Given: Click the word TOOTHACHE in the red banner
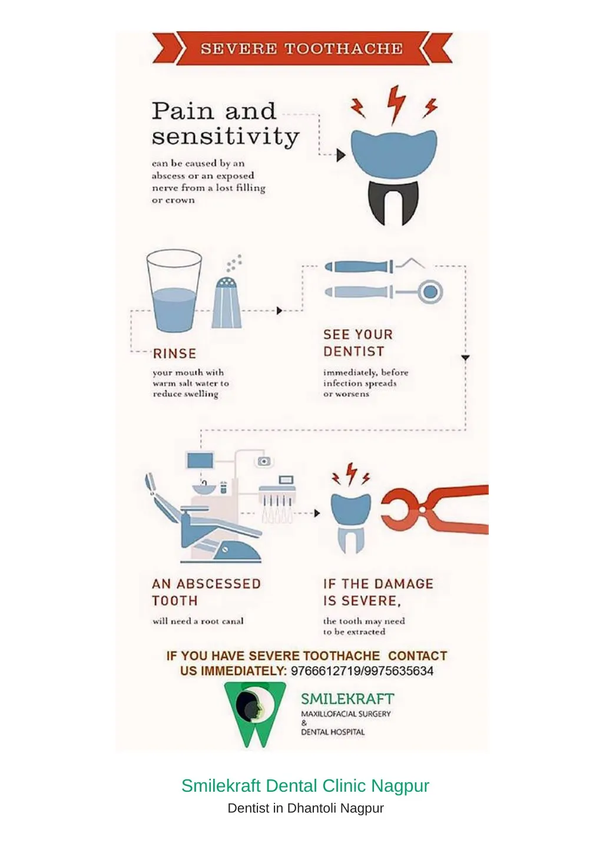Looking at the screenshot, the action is (343, 49).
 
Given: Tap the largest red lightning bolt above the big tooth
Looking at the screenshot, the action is (396, 104).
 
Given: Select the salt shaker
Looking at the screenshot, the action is (227, 303).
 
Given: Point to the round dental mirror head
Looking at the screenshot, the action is (430, 292).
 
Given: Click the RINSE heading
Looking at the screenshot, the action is (174, 354).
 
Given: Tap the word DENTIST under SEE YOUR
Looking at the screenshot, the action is (354, 351).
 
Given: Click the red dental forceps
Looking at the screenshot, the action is (435, 510).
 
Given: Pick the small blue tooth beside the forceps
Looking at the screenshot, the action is (350, 523).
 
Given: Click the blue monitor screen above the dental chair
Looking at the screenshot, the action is (200, 461).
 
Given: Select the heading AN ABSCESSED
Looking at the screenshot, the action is (206, 584).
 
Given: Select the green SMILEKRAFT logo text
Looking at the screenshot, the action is (347, 699).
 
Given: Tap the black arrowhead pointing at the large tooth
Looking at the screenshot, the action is (341, 155).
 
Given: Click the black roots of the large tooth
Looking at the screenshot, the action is (393, 202).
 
